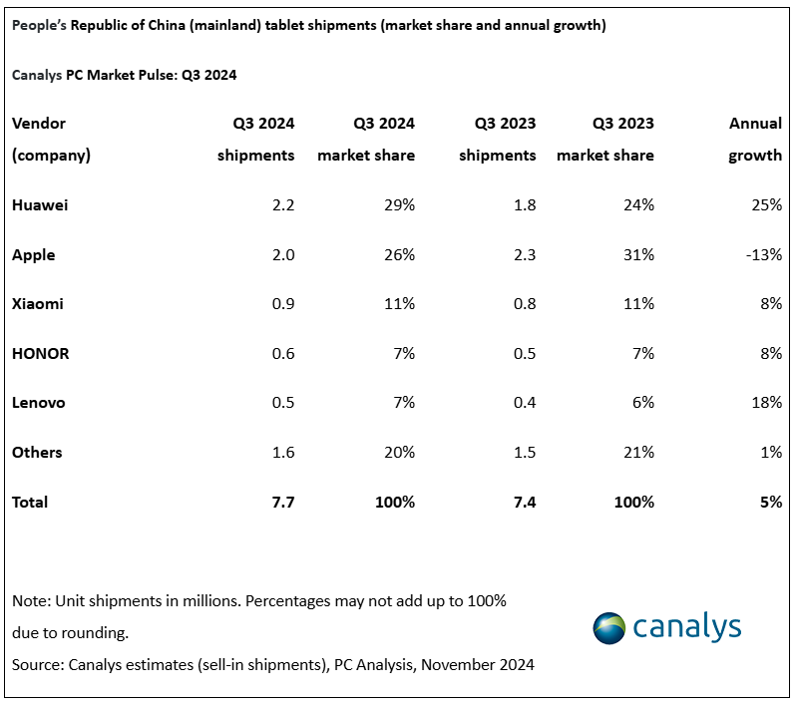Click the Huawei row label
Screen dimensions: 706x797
[40, 205]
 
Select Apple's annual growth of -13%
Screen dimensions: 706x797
[762, 255]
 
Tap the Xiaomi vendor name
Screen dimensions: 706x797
[37, 304]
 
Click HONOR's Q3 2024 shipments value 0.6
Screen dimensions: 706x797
[283, 354]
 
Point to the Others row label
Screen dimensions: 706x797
[37, 453]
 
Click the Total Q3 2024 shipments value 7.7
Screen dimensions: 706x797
[282, 502]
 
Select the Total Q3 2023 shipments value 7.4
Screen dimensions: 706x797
[524, 502]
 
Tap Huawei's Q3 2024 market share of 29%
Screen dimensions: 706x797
[399, 205]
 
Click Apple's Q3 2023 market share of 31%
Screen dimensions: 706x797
[638, 255]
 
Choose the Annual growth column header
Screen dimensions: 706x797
[755, 140]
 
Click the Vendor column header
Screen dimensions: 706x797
[39, 124]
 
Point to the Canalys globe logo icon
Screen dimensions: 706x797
[610, 628]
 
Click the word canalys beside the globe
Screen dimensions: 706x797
[687, 627]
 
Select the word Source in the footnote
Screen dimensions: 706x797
[37, 664]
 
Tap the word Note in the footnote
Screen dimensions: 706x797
[30, 601]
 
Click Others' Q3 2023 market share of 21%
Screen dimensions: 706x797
[638, 453]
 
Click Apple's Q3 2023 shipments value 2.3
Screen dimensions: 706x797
[524, 255]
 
